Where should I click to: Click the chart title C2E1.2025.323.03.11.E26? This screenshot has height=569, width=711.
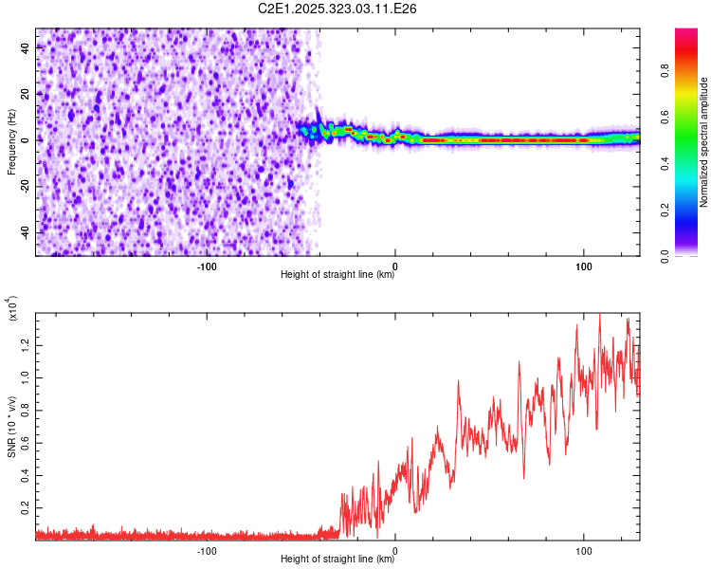338,9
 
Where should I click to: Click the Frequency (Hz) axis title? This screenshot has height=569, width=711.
11,142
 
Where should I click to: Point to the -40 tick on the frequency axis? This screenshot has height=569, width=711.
23,232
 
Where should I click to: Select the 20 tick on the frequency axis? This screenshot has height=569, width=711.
26,94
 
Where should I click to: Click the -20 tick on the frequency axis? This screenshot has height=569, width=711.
23,186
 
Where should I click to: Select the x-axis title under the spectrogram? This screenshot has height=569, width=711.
338,275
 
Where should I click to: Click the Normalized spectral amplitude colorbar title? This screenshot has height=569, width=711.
704,142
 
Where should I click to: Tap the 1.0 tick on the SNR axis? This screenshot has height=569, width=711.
25,376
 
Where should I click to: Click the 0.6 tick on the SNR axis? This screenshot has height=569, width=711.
25,443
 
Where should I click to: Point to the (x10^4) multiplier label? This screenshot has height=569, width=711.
12,309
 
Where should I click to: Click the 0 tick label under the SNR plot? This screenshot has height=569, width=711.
394,550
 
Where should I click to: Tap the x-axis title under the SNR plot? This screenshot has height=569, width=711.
338,560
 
